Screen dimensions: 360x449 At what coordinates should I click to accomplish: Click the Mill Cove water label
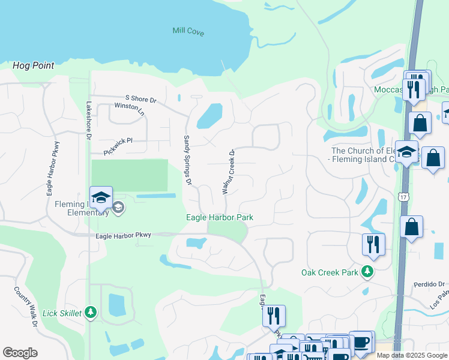[x=188, y=31]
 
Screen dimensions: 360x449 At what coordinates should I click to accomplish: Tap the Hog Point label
[x=34, y=65]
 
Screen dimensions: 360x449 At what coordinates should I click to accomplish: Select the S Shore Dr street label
[x=140, y=99]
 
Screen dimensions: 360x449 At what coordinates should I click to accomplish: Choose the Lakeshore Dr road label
[x=88, y=121]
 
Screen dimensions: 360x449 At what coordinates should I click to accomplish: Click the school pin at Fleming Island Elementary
[x=101, y=197]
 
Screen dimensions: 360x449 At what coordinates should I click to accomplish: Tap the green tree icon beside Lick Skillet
[x=90, y=311]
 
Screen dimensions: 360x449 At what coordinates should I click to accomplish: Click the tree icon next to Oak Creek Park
[x=367, y=272]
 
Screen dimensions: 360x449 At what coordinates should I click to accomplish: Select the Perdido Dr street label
[x=428, y=284]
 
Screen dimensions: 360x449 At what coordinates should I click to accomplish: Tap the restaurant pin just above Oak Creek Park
[x=373, y=245]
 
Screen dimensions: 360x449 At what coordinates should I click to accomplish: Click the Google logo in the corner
[x=20, y=353]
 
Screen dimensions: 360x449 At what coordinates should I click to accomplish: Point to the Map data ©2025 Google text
[x=411, y=355]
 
